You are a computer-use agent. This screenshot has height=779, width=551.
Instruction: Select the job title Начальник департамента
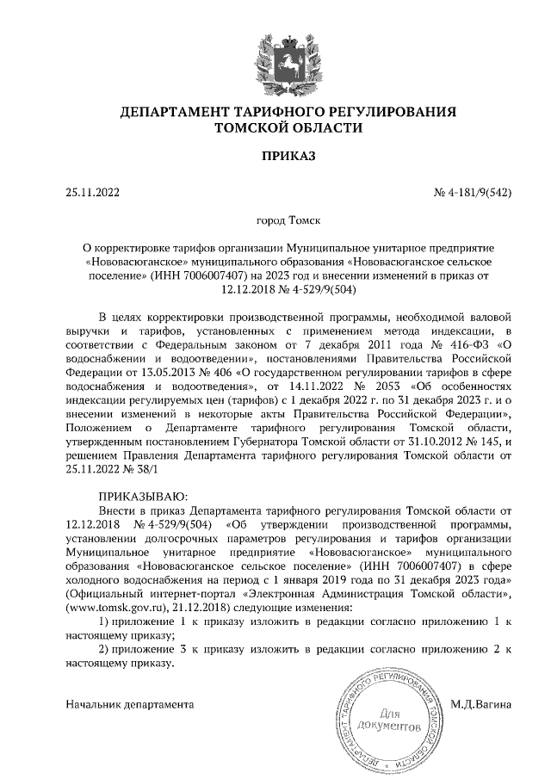(x=129, y=704)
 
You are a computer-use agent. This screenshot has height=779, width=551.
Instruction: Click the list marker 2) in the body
(x=105, y=648)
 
